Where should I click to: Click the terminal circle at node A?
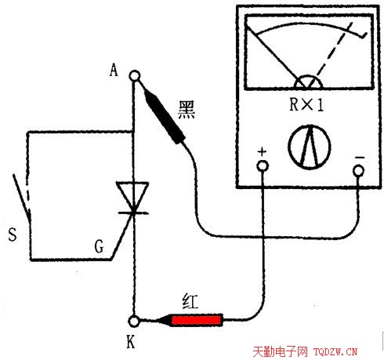pos(135,76)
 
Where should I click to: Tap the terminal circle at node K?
pos(134,321)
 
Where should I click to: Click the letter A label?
pos(114,71)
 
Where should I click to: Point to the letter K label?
pos(131,341)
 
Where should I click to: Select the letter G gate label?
pos(99,246)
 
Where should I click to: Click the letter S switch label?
pos(13,235)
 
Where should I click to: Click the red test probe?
pos(193,320)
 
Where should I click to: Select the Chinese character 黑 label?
pos(187,110)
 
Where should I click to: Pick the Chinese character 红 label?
pos(190,301)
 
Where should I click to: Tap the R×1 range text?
pos(306,104)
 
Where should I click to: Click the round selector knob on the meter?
pos(310,147)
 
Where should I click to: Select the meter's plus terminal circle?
pos(263,165)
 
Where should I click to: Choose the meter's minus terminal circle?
pos(358,171)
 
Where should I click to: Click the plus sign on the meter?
pos(262,151)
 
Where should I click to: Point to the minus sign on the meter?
pos(360,158)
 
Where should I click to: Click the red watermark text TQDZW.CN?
pos(335,351)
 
